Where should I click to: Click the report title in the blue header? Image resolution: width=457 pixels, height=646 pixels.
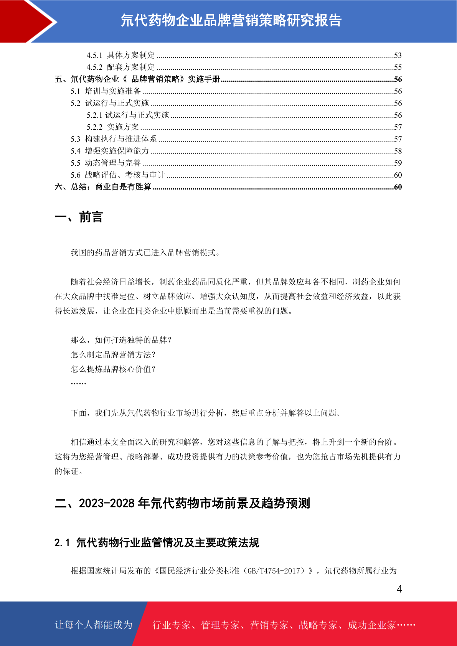(231, 20)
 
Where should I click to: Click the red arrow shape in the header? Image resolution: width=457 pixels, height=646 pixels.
(23, 21)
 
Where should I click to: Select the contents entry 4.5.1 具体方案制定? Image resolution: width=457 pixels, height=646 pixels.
(120, 55)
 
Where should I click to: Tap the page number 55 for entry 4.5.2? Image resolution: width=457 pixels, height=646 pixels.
(398, 68)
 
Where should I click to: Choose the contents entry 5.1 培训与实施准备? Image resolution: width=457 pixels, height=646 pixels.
(106, 91)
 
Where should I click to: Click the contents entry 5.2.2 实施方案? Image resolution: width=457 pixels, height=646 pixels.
(113, 127)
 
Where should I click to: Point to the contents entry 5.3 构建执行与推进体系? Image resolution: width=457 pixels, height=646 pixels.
(114, 139)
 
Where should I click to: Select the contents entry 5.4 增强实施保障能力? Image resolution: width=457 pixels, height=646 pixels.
(109, 151)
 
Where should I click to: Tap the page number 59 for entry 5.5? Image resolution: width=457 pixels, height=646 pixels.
(398, 163)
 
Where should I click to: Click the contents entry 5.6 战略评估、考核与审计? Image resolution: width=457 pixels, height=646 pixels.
(117, 175)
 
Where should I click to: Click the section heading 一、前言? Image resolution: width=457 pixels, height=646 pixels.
(79, 217)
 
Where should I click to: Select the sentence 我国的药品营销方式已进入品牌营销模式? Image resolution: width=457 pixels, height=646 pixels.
(145, 253)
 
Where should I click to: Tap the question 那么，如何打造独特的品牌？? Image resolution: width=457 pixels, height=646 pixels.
(121, 340)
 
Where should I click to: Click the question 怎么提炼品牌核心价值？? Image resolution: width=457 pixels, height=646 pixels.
(113, 369)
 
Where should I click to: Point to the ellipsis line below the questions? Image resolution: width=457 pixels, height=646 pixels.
(78, 383)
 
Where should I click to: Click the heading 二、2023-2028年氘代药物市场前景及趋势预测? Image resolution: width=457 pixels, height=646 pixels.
(182, 503)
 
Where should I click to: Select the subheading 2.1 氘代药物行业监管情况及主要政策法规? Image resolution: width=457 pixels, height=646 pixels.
(157, 543)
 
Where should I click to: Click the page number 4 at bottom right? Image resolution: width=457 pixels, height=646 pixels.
(399, 589)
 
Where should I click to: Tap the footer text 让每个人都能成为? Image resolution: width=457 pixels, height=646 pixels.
(94, 625)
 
